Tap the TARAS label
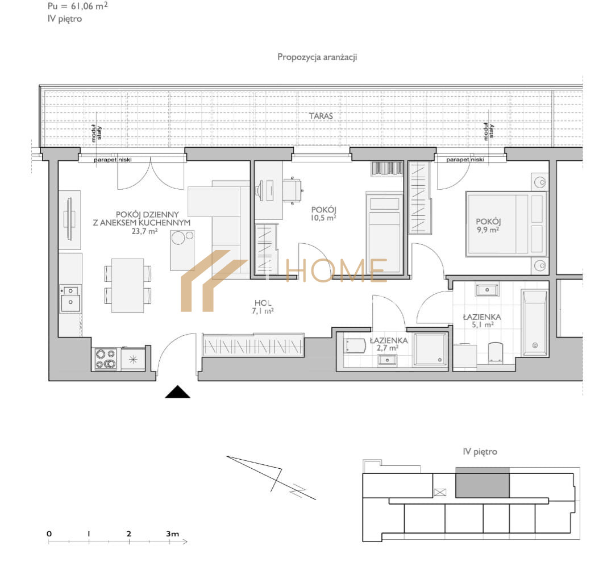pos(321,116)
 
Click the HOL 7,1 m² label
pos(263,307)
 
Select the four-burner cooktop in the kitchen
pos(106,359)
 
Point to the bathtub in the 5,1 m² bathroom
pos(534,323)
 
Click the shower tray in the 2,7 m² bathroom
pos(430,349)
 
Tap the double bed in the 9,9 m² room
pos(506,224)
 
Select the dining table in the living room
pos(128,285)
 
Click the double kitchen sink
pos(70,298)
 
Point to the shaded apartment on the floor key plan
pos(483,482)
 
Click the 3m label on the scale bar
pos(172,534)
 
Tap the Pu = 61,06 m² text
pos(78,6)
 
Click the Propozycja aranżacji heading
pos(317,57)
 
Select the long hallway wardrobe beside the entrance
pos(253,345)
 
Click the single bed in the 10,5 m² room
pos(384,233)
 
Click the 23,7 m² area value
pos(144,231)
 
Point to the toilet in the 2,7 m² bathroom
pos(355,345)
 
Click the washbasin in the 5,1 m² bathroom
pos(487,290)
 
